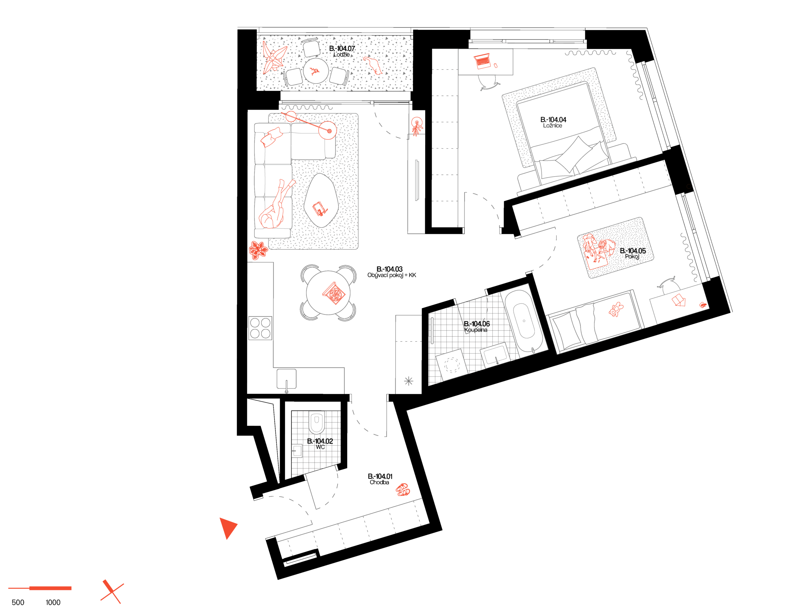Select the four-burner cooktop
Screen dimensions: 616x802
[x=260, y=328]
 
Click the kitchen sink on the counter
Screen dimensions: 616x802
[x=287, y=379]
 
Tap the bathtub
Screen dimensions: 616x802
[x=524, y=321]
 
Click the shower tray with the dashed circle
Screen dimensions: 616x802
[x=452, y=365]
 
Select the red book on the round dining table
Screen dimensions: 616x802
[x=334, y=293]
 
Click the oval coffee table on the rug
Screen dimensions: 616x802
[x=320, y=201]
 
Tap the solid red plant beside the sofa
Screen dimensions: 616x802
[x=258, y=250]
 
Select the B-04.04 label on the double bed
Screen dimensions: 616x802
[x=553, y=122]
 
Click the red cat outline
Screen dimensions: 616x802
[x=373, y=65]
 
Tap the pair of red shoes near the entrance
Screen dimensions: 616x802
[x=403, y=490]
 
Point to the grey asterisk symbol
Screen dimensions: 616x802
[x=409, y=381]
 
